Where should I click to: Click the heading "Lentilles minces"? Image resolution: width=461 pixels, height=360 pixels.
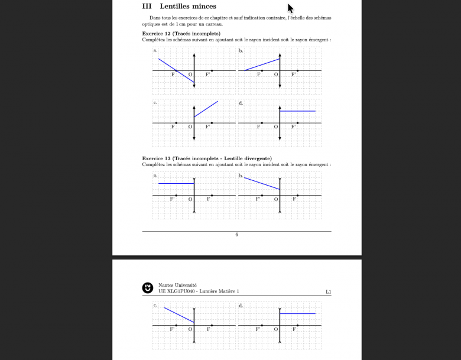coord(188,7)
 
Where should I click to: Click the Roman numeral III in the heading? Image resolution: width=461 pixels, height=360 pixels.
coord(147,7)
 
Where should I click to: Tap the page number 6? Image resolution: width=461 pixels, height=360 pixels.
coord(236,235)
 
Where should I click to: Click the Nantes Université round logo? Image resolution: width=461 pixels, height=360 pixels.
coord(148,288)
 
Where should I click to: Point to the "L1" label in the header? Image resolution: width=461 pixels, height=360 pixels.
coord(329,292)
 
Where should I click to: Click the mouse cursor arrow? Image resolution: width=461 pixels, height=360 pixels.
coord(290,8)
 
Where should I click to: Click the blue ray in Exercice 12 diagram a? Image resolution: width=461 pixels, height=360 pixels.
coord(176,70)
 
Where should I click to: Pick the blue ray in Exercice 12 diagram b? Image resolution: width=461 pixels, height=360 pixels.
coord(262,64)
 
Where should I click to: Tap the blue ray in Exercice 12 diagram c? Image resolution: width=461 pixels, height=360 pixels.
coord(206,109)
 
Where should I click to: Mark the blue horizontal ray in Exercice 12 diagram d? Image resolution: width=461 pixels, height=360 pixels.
coord(297,111)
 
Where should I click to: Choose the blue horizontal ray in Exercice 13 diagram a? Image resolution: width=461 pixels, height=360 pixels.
coord(176,183)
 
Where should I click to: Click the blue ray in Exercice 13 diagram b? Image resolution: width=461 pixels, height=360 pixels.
coord(262,183)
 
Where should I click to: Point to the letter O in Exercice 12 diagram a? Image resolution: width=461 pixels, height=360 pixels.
coord(190,74)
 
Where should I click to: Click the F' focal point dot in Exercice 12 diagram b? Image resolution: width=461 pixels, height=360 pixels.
coord(297,70)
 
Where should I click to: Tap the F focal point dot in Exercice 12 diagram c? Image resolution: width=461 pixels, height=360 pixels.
coord(176,123)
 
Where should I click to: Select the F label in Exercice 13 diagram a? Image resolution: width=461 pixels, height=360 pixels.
coord(209,199)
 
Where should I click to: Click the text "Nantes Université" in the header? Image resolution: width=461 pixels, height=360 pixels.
coord(177,285)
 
